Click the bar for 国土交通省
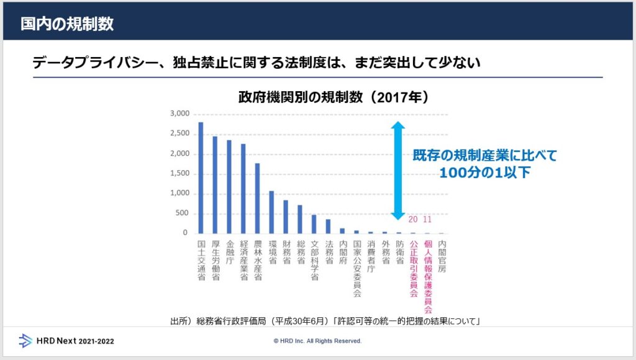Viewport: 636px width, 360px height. point(201,178)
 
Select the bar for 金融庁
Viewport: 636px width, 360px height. point(229,186)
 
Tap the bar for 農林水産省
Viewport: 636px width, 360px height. point(257,198)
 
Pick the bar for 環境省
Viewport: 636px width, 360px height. point(271,212)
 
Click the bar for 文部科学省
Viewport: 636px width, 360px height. point(314,223)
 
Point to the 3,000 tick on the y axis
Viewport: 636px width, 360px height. point(179,114)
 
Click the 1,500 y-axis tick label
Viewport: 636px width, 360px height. point(179,174)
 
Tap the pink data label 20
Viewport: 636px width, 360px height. point(413,220)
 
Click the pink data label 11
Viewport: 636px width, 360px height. point(427,220)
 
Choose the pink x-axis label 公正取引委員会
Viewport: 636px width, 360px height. point(413,269)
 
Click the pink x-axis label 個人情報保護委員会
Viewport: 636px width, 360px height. point(427,276)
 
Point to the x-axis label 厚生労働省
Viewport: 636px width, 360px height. point(215,260)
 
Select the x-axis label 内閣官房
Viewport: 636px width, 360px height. point(442,256)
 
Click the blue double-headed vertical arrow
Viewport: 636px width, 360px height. point(398,171)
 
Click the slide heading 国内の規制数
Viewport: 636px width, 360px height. point(67,24)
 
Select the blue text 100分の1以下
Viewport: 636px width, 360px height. point(485,173)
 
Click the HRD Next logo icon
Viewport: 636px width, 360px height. point(25,340)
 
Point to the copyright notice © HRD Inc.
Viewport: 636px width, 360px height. point(317,341)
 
